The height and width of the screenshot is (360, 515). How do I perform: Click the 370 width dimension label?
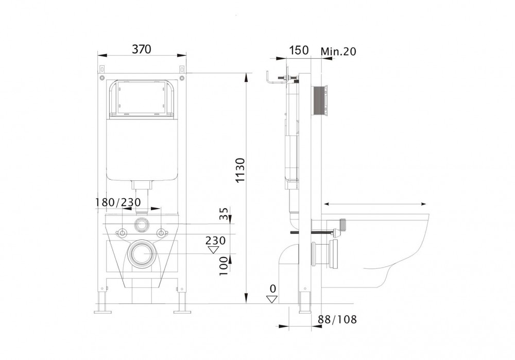click(142, 49)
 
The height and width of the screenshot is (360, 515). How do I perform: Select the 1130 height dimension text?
click(241, 170)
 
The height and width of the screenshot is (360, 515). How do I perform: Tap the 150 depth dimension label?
click(299, 50)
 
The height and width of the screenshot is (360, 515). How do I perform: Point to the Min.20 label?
click(338, 51)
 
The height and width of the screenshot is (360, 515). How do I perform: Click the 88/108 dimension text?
click(337, 319)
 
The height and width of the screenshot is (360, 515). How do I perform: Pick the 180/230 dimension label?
click(118, 202)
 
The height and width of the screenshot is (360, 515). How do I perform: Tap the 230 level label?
click(215, 241)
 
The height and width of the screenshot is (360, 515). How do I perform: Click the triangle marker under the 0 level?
click(272, 299)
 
